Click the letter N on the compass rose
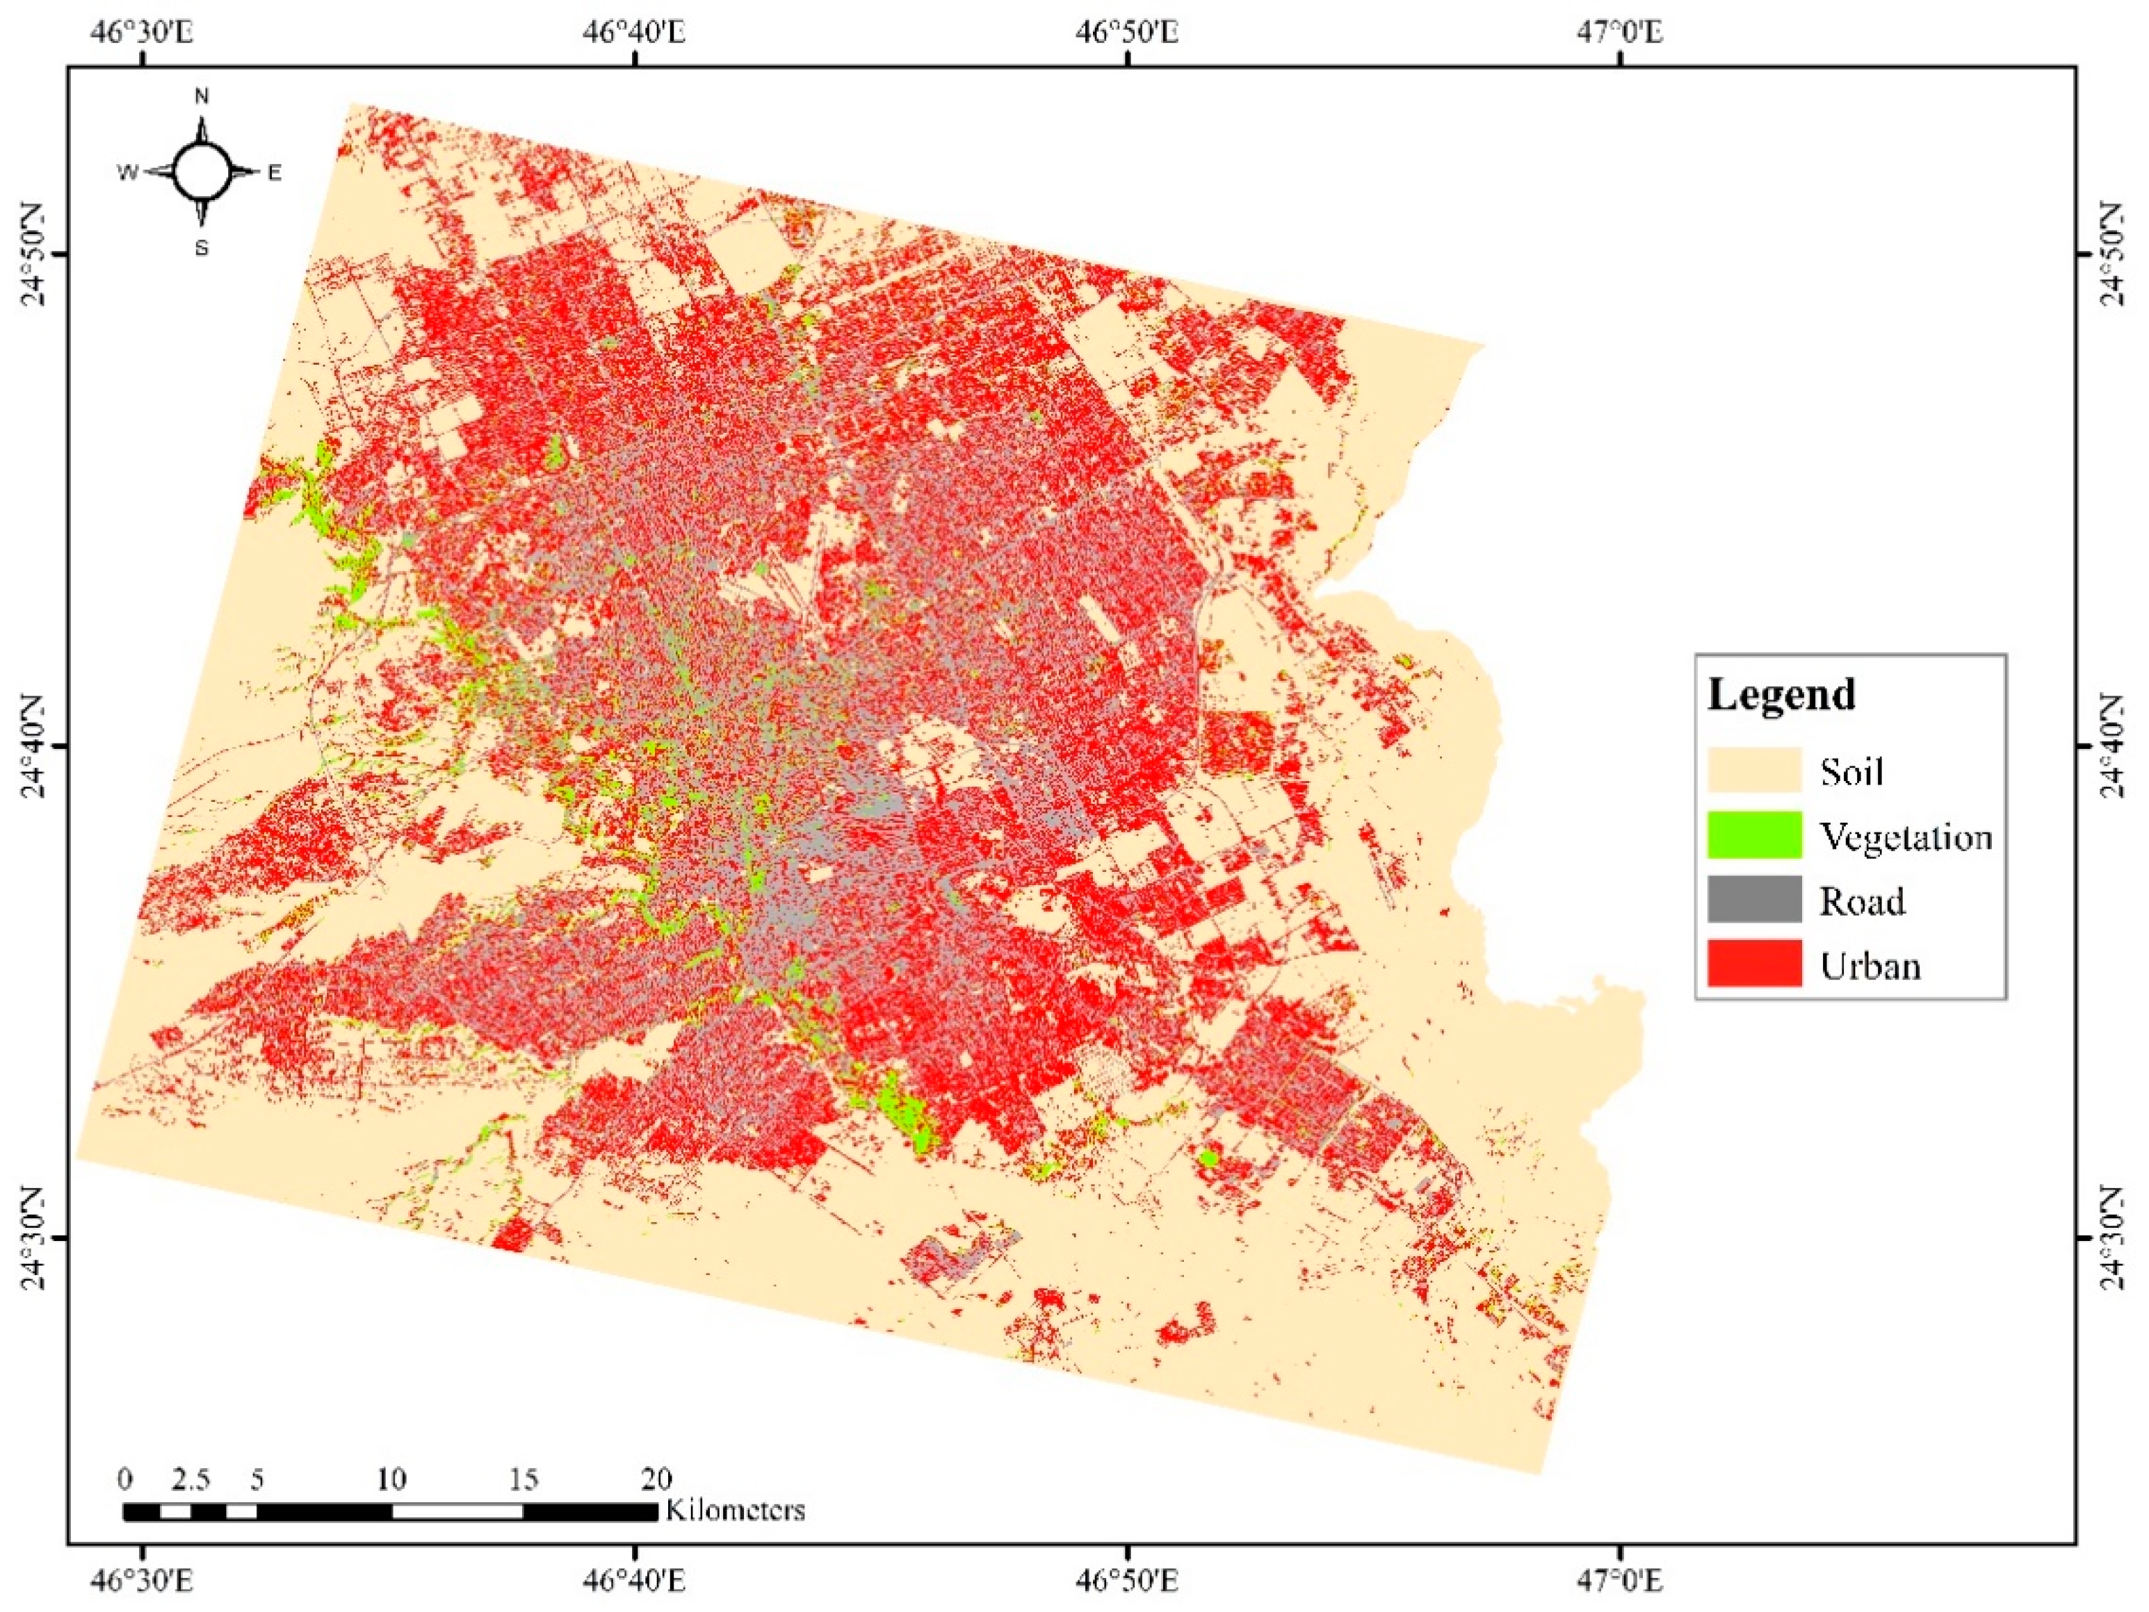[x=202, y=96]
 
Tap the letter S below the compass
[x=202, y=249]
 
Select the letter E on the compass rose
[x=275, y=174]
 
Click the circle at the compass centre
[x=202, y=170]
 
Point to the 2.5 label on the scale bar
[x=190, y=1480]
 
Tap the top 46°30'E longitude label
[x=144, y=32]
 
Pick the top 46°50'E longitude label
[x=1127, y=32]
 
